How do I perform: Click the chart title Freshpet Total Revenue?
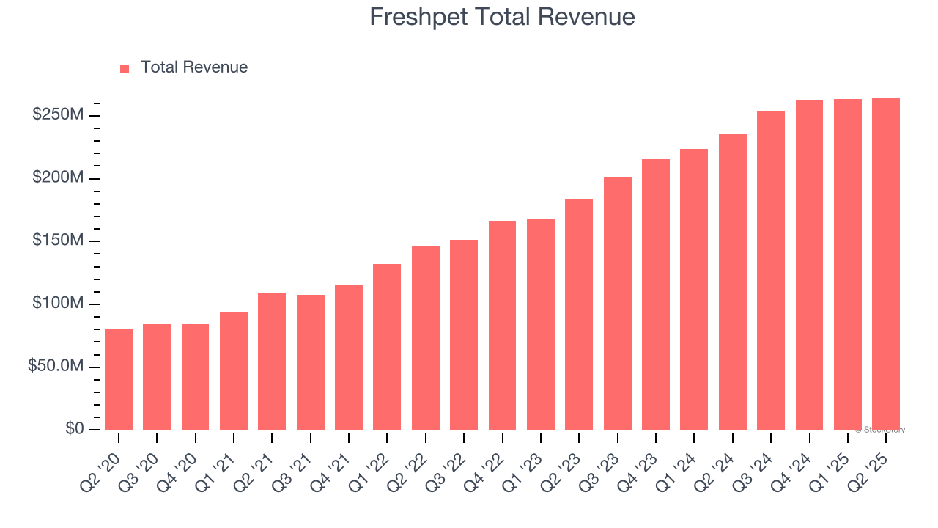pos(502,16)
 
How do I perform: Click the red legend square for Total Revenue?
pos(125,68)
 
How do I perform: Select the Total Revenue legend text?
pos(193,67)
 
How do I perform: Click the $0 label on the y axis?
pos(73,428)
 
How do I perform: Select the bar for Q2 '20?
pos(119,379)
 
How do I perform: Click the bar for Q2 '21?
pos(272,362)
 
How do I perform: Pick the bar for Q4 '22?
pos(502,326)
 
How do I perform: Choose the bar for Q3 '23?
pos(617,304)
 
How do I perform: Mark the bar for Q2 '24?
pos(732,282)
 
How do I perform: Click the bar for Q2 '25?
pos(886,264)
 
